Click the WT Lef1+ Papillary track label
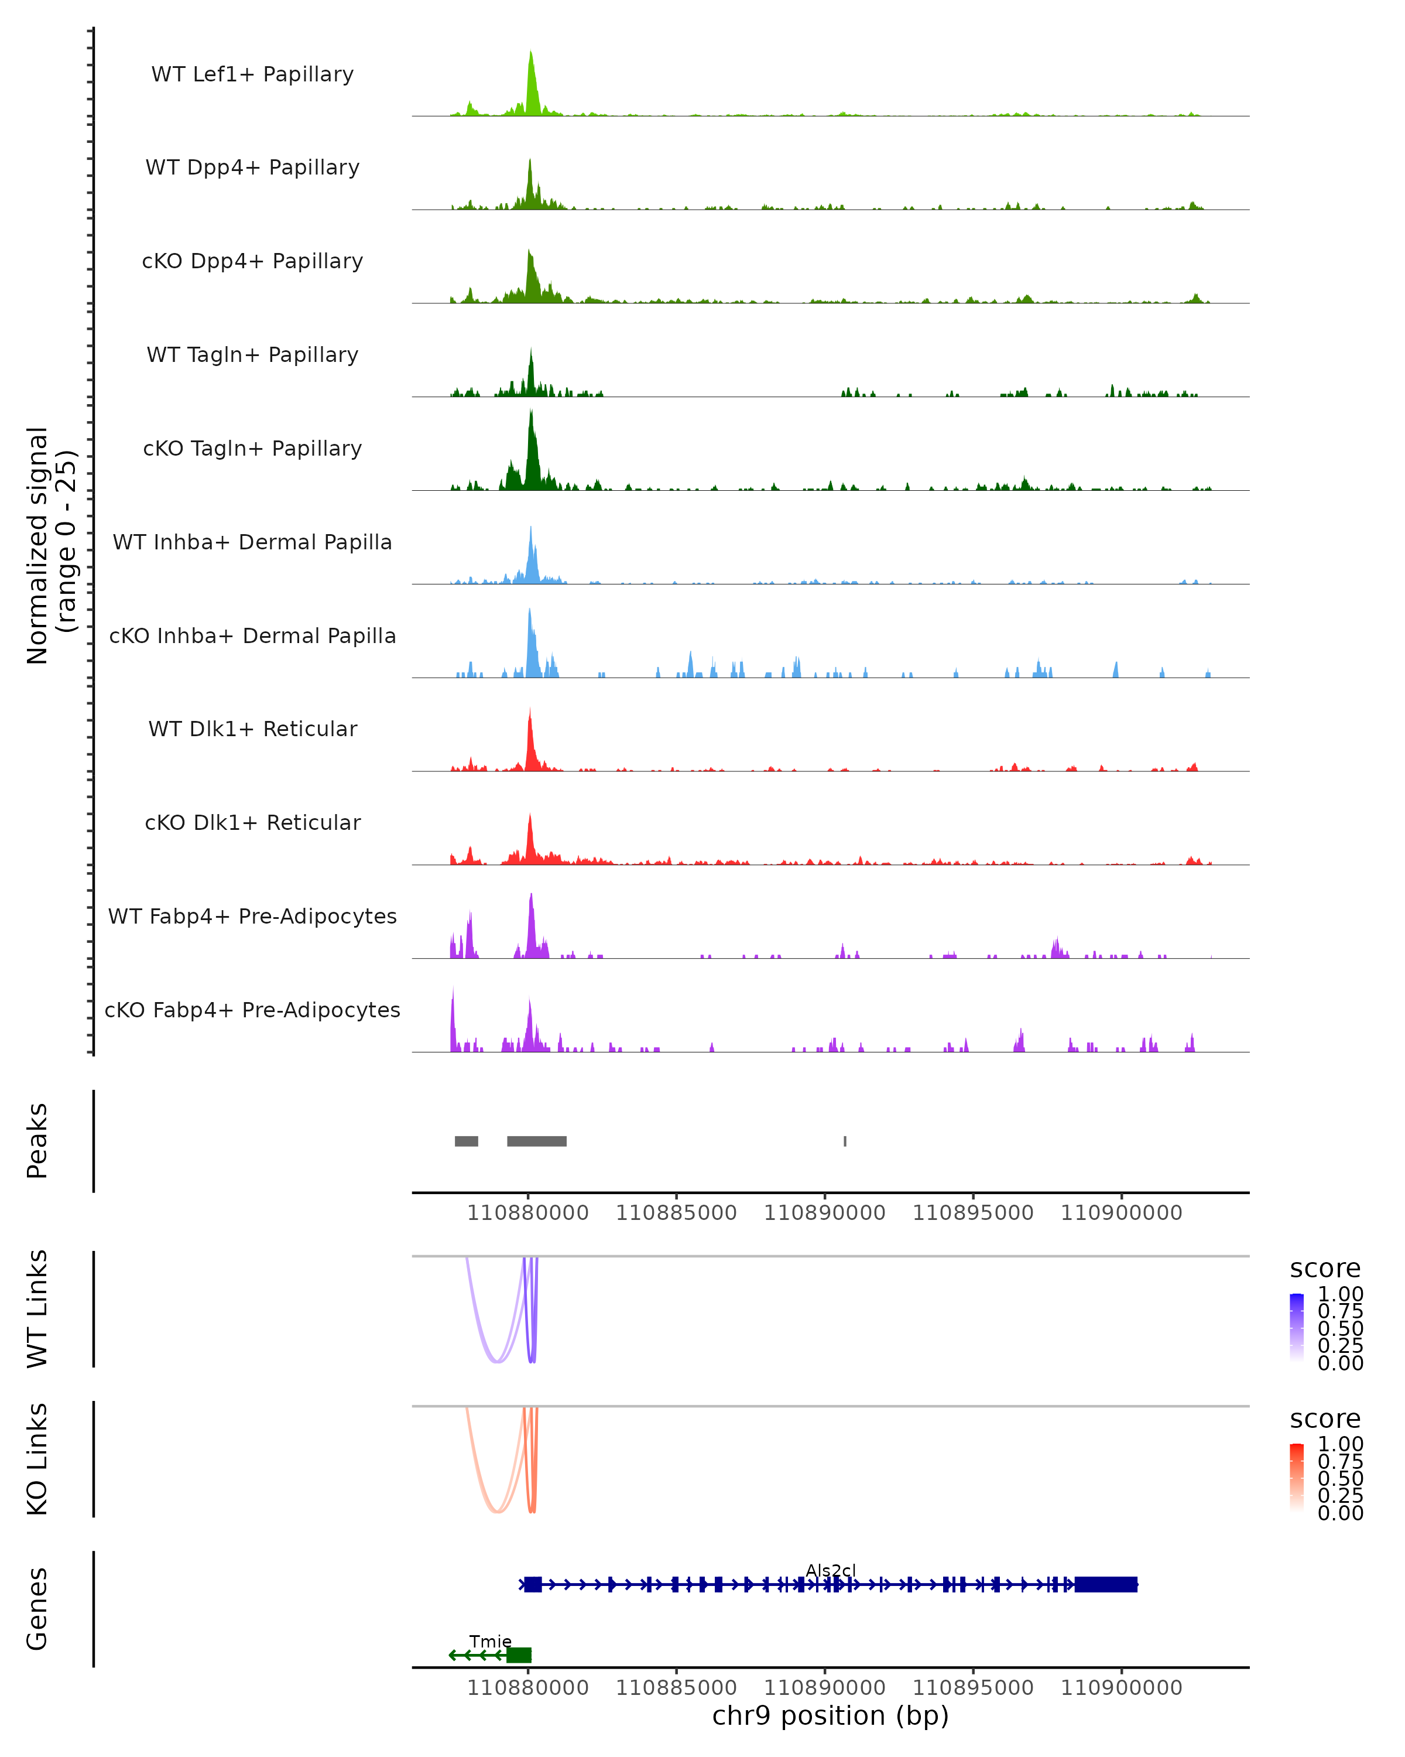[x=252, y=74]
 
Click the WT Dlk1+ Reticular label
[x=252, y=729]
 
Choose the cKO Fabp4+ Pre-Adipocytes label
[x=252, y=1010]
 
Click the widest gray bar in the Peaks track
[x=537, y=1141]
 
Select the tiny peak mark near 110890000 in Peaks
[x=845, y=1141]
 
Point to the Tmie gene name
[x=491, y=1641]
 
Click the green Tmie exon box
[x=519, y=1655]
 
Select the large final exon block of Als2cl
[x=1105, y=1584]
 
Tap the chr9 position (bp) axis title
[x=830, y=1715]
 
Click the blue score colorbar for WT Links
[x=1297, y=1328]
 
